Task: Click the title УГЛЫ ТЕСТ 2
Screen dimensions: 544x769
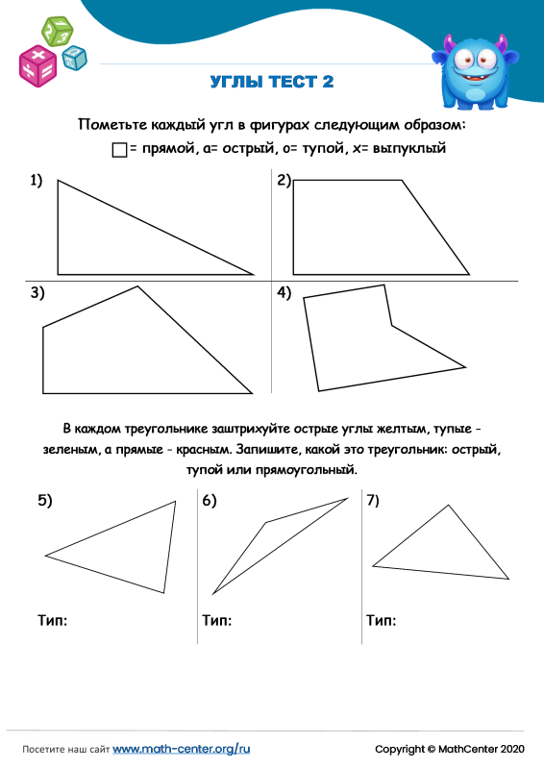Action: [x=272, y=82]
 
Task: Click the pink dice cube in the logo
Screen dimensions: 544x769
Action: [x=38, y=64]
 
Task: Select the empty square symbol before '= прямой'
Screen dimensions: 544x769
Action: [x=119, y=150]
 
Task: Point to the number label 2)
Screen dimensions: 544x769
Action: [x=284, y=181]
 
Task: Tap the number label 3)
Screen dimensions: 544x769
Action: [x=37, y=294]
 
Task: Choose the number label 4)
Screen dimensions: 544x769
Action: [x=284, y=294]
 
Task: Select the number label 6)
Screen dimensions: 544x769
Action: [x=210, y=500]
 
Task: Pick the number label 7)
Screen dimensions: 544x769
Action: [x=374, y=500]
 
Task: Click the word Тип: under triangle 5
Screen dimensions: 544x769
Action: [x=52, y=621]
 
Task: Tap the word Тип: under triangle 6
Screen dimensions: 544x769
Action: [x=217, y=621]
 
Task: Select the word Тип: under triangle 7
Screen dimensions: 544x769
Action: [x=382, y=621]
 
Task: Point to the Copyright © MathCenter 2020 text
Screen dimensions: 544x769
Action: [x=449, y=748]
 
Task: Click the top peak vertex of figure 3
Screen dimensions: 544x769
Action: [x=137, y=285]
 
